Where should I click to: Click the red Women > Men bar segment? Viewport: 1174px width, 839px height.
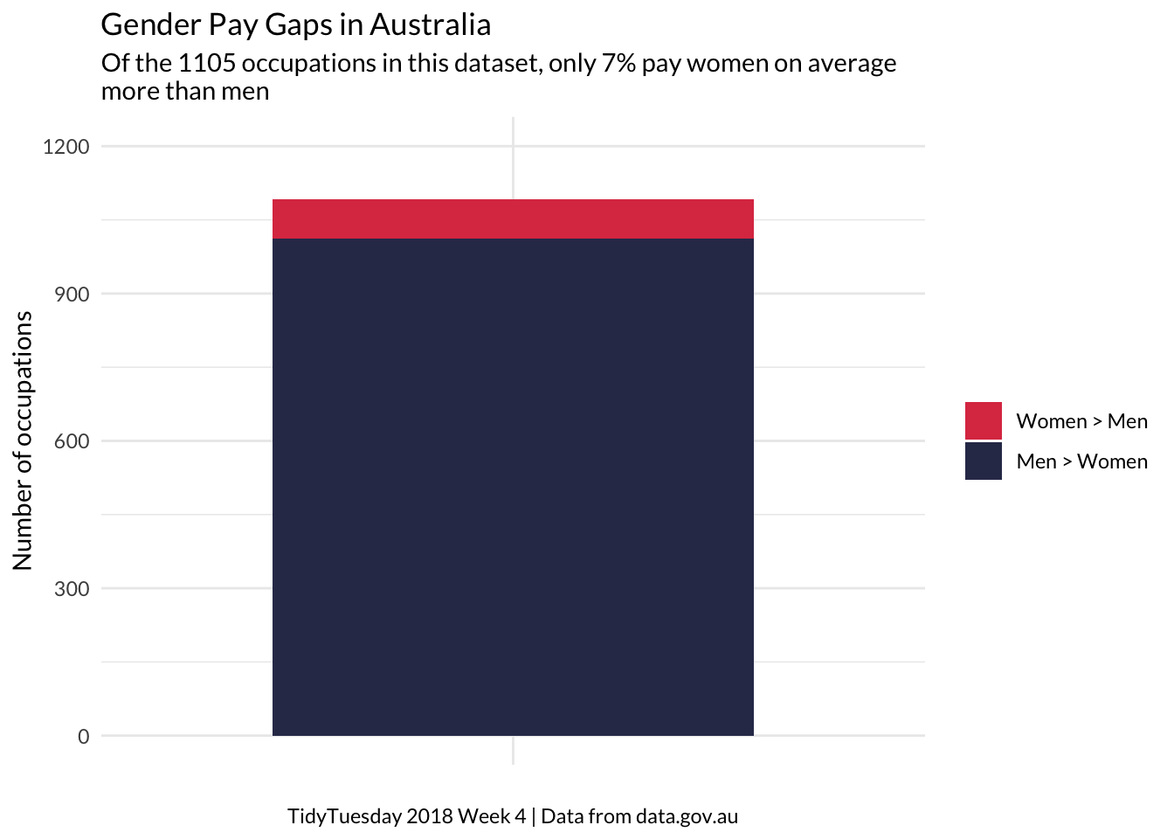pyautogui.click(x=513, y=218)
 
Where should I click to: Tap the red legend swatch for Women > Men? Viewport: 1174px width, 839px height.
pyautogui.click(x=983, y=420)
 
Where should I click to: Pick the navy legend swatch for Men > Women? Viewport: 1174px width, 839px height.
pyautogui.click(x=983, y=461)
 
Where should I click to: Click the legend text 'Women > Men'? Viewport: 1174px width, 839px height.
pyautogui.click(x=1081, y=421)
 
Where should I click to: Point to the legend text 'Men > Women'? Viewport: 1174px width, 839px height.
pyautogui.click(x=1081, y=461)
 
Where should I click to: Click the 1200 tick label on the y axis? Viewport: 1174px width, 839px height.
pyautogui.click(x=66, y=147)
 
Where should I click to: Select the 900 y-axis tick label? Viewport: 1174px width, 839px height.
pyautogui.click(x=72, y=295)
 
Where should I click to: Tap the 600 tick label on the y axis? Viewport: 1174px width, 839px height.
pyautogui.click(x=72, y=441)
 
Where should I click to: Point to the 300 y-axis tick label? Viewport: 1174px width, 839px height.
pyautogui.click(x=72, y=589)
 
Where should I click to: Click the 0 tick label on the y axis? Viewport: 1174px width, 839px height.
pyautogui.click(x=83, y=737)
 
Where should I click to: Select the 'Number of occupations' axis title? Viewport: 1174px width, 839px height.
pyautogui.click(x=23, y=440)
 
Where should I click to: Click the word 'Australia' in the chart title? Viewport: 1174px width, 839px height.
pyautogui.click(x=430, y=24)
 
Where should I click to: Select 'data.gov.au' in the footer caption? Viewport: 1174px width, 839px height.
pyautogui.click(x=687, y=816)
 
